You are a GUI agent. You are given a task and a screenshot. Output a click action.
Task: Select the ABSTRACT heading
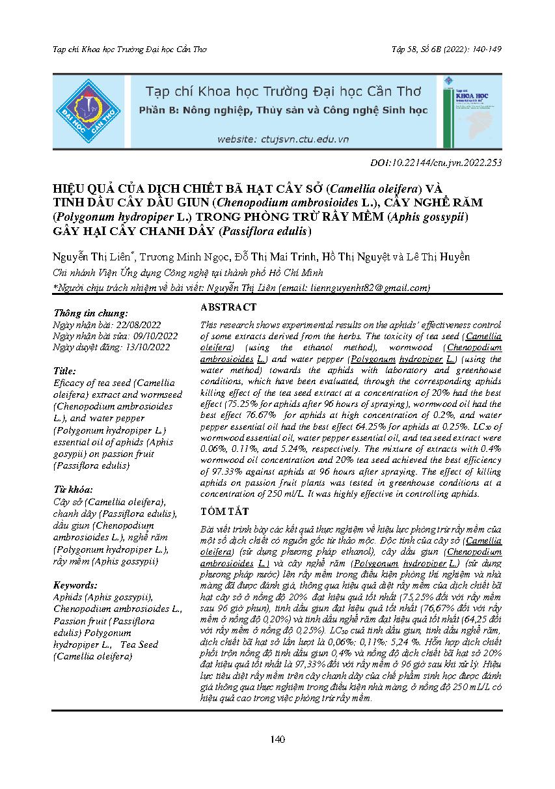(228, 307)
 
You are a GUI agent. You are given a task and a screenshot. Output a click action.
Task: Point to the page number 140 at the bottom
(278, 739)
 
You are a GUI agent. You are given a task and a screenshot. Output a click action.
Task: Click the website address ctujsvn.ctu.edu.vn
(283, 139)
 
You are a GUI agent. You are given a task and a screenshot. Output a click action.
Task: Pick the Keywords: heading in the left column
(75, 585)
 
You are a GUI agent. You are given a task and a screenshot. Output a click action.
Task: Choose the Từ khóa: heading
(73, 489)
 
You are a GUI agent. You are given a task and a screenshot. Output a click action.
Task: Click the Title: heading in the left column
(66, 371)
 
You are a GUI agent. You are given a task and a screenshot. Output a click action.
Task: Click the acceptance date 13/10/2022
(147, 347)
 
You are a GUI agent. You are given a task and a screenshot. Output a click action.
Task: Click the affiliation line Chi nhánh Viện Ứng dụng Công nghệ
(179, 273)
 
